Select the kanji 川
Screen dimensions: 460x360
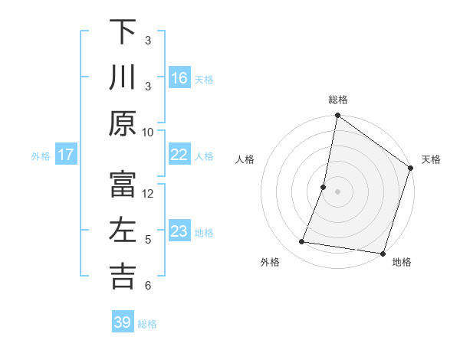click(x=123, y=77)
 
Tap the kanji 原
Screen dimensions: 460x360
click(x=123, y=123)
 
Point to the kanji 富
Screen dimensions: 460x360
click(x=123, y=185)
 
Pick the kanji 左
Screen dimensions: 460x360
click(x=123, y=231)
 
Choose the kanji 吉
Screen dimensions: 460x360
click(x=123, y=277)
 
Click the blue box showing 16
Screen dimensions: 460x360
click(x=179, y=78)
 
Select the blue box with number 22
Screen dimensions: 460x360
click(x=179, y=155)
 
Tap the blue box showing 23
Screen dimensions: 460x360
click(x=179, y=231)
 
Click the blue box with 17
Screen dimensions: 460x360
click(x=66, y=155)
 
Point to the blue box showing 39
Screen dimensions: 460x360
click(x=123, y=322)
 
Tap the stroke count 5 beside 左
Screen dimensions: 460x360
click(x=148, y=239)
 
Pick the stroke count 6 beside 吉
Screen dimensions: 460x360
click(x=148, y=285)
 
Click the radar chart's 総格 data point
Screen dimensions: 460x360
click(x=337, y=116)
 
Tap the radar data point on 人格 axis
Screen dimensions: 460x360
click(x=324, y=187)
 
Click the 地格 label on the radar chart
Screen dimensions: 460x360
click(x=402, y=263)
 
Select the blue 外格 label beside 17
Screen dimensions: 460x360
click(x=40, y=156)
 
